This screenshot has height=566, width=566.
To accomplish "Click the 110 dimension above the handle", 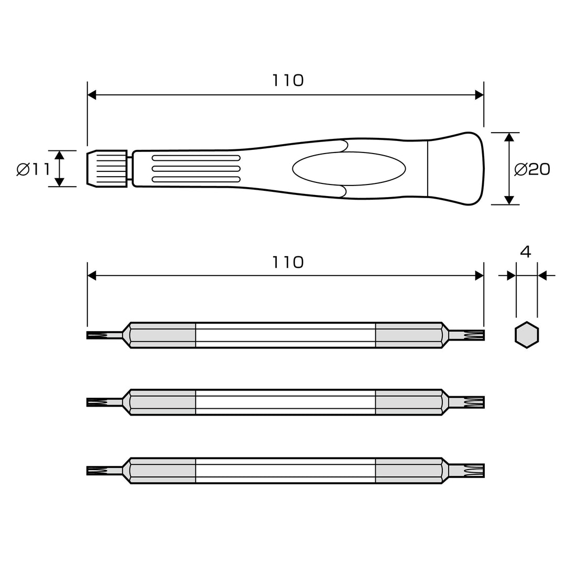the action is point(288,81).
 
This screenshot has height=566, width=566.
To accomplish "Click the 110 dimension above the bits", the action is point(288,263).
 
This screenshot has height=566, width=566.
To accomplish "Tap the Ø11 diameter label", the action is point(33,169).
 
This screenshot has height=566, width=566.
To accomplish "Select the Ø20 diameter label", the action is point(532,169).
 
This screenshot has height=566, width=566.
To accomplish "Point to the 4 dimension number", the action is point(526,252).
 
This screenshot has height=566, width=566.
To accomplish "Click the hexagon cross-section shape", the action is point(527,335).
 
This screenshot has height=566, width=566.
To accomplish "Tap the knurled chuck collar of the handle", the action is point(107,169).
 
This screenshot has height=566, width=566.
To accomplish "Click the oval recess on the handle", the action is point(349,169).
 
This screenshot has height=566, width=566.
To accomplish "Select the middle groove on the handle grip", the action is point(196,169).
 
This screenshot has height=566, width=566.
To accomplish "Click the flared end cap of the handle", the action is point(455,169).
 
